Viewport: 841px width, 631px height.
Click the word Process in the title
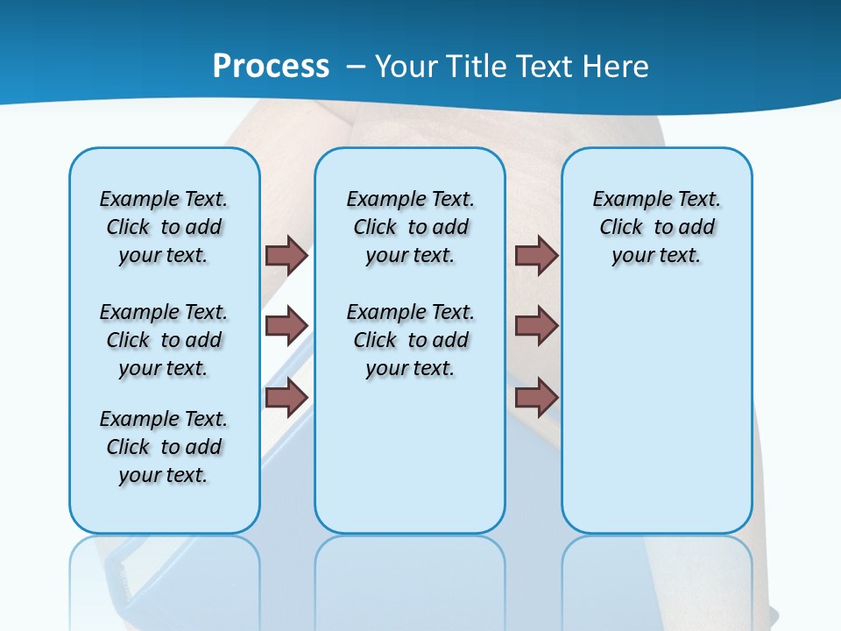(x=271, y=67)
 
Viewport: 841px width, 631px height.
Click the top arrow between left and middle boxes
(x=286, y=255)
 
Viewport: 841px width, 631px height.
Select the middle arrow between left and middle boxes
(x=286, y=326)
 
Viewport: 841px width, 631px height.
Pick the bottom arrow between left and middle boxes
(x=286, y=397)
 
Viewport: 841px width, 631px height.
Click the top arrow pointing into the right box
(x=536, y=255)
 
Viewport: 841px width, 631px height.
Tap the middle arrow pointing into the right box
(x=536, y=326)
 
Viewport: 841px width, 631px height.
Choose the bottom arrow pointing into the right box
(x=536, y=397)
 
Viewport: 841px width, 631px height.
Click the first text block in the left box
(x=164, y=227)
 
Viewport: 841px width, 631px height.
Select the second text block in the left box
(x=164, y=340)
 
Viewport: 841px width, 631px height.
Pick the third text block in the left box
(x=164, y=447)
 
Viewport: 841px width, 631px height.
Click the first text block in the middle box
(x=410, y=227)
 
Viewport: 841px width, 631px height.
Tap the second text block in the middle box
(x=410, y=340)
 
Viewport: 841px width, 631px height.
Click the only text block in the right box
(x=656, y=227)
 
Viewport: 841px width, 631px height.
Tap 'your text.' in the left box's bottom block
(x=163, y=475)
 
